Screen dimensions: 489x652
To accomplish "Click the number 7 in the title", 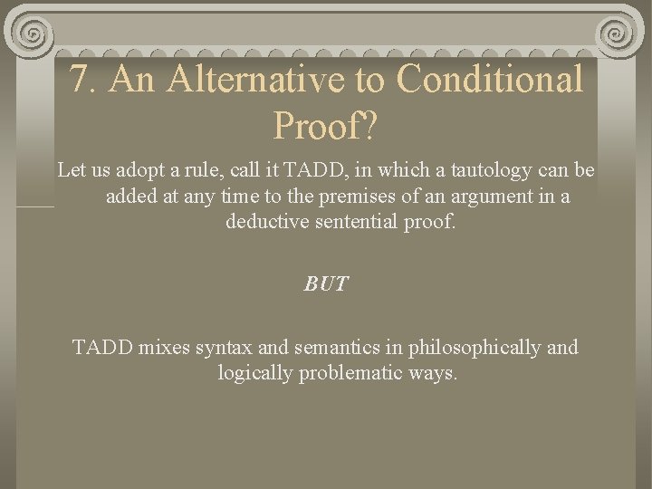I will pos(82,81).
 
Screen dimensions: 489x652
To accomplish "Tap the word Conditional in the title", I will pos(490,81).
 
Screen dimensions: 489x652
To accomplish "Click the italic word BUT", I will pos(325,283).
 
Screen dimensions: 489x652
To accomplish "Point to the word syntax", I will pos(223,347).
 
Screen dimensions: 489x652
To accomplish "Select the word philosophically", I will pos(469,347).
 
